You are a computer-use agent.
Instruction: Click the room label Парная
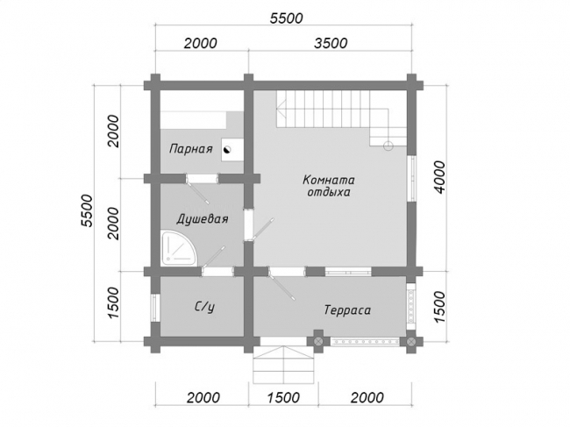click(191, 149)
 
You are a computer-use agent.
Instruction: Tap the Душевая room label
click(203, 219)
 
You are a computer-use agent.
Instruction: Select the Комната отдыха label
click(329, 186)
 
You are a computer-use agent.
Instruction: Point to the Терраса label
click(347, 310)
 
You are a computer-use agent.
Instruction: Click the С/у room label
click(204, 308)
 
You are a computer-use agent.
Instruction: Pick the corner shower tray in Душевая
click(180, 247)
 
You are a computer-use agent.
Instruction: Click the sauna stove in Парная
click(232, 150)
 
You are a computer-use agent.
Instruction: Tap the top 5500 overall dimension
click(286, 18)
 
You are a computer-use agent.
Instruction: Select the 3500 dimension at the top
click(331, 43)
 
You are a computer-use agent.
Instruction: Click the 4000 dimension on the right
click(439, 177)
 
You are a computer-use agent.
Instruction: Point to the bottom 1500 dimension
click(283, 397)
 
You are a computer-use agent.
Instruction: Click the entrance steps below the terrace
click(283, 363)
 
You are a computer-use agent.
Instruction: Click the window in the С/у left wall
click(155, 308)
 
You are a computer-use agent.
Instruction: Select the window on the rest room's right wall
click(411, 178)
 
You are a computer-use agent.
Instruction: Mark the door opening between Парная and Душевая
click(202, 179)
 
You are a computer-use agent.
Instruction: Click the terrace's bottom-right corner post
click(411, 341)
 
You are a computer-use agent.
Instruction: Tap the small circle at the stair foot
click(388, 146)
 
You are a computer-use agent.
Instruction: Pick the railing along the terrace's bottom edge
click(366, 342)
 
